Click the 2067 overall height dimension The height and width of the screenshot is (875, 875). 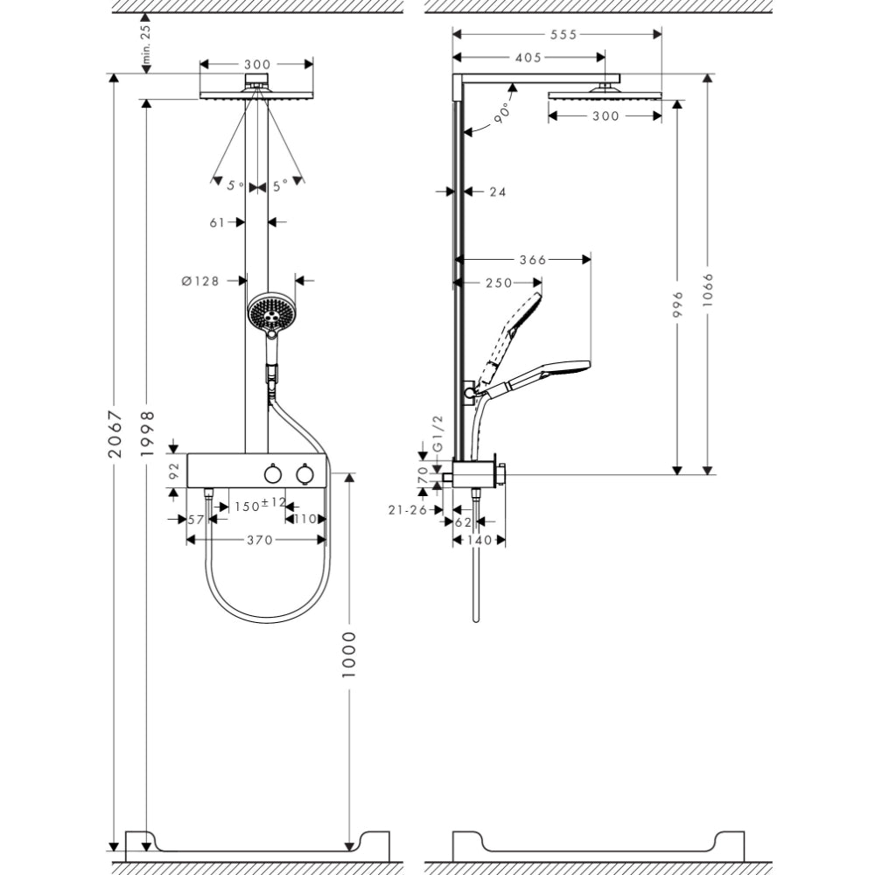pos(115,434)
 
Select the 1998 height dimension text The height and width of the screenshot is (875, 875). pos(147,434)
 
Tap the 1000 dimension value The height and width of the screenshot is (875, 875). pos(349,655)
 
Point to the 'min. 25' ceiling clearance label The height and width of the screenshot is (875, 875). pos(146,44)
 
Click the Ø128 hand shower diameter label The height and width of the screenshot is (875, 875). pos(200,281)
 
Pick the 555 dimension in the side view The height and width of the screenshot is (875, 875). pos(563,35)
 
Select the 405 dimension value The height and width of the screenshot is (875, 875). pos(528,58)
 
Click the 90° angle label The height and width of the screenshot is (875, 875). pos(502,113)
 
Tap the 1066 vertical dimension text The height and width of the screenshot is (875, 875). pos(708,290)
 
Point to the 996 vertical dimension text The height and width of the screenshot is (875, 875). pos(677,304)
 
